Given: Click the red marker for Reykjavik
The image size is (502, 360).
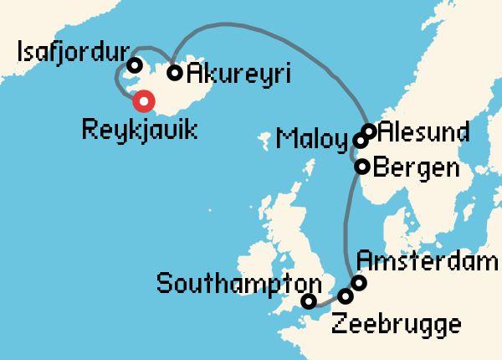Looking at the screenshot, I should (145, 101).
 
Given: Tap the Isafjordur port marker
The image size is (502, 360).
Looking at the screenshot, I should (134, 65).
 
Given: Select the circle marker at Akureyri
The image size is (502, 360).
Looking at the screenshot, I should (175, 73).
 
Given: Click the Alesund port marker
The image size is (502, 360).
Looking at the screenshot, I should (369, 131).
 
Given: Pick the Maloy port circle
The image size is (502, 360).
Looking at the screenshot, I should (361, 141).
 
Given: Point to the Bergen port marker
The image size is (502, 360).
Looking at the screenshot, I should (362, 167).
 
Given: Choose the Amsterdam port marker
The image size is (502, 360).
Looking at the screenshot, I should (359, 283).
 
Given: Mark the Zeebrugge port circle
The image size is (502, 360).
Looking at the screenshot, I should (346, 296).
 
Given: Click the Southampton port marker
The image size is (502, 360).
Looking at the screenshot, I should (309, 301).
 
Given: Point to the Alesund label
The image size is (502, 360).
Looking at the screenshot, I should (423, 132).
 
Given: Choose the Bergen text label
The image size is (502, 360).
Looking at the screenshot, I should (416, 167).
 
